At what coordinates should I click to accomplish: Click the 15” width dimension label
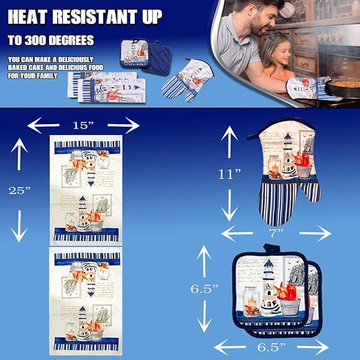(x=83, y=125)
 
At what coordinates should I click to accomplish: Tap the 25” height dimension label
(x=20, y=190)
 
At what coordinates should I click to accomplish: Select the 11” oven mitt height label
(x=230, y=174)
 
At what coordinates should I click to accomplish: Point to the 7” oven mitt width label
(x=277, y=233)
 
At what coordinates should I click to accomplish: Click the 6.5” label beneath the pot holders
(x=271, y=347)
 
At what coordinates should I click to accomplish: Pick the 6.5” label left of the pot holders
(x=205, y=289)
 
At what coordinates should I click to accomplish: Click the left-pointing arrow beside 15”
(x=43, y=125)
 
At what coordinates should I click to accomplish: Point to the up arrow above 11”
(x=229, y=142)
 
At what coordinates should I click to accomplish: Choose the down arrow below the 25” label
(x=19, y=226)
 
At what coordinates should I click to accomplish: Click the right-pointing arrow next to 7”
(x=315, y=233)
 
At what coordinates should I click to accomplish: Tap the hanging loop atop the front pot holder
(x=271, y=248)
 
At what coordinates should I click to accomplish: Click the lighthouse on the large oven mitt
(x=287, y=156)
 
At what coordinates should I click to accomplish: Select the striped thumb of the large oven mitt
(x=310, y=191)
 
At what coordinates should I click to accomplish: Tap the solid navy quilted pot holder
(x=156, y=58)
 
